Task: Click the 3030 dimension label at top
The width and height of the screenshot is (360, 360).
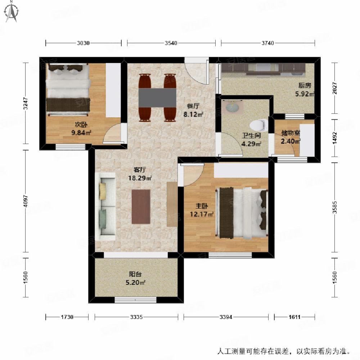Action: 83,43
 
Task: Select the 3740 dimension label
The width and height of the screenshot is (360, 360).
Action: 268,43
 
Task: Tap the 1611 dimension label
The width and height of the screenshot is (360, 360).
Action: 294,317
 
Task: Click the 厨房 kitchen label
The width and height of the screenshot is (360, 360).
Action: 305,86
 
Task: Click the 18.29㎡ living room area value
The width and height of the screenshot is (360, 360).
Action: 140,178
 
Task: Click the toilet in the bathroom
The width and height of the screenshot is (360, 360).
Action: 259,125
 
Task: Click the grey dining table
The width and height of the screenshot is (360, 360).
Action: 157,97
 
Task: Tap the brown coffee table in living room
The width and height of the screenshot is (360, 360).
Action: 141,207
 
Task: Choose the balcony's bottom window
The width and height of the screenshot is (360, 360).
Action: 136,300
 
